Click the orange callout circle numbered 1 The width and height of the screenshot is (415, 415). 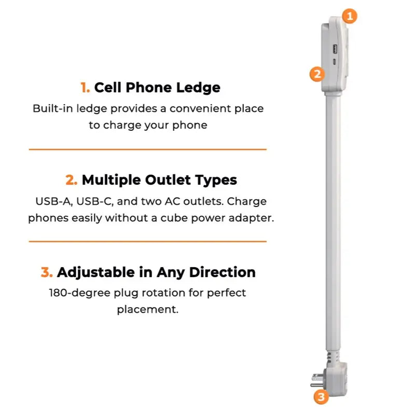(350, 16)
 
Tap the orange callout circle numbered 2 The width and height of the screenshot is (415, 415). (317, 74)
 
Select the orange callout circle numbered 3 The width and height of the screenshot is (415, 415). (322, 397)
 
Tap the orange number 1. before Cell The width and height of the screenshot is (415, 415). (86, 88)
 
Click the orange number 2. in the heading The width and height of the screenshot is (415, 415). (72, 180)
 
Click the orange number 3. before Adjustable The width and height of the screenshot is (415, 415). (47, 272)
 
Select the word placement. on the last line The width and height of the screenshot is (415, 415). (147, 310)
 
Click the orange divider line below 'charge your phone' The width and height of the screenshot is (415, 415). (147, 149)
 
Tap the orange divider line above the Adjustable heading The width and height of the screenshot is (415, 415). (147, 241)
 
